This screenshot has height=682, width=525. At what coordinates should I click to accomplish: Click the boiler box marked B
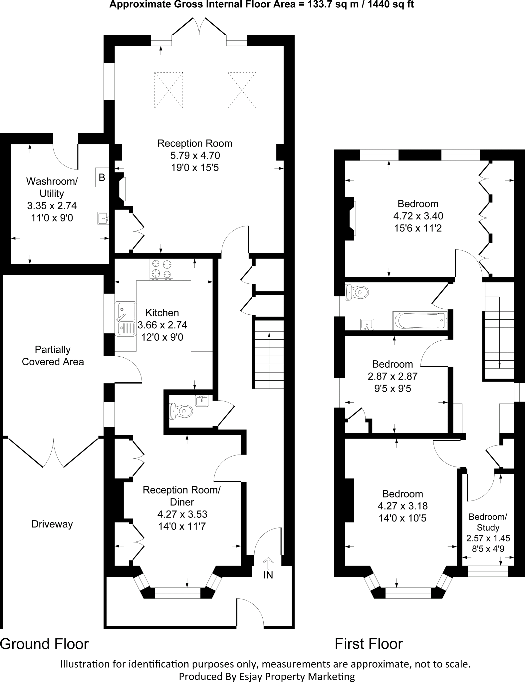(102, 177)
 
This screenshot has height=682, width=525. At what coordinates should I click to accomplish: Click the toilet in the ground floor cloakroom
(181, 411)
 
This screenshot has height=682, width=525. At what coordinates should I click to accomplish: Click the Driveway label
(52, 524)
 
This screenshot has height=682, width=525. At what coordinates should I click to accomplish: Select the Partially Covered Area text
(53, 356)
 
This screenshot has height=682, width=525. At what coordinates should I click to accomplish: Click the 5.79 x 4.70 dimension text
(195, 156)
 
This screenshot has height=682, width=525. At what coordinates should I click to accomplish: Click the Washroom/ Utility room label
(52, 187)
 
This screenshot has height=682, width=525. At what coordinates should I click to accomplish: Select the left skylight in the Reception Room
(168, 90)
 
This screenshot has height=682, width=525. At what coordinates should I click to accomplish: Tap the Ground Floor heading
(44, 644)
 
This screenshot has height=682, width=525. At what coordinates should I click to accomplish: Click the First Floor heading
(369, 644)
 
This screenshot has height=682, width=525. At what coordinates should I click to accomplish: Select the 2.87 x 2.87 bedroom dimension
(393, 376)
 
